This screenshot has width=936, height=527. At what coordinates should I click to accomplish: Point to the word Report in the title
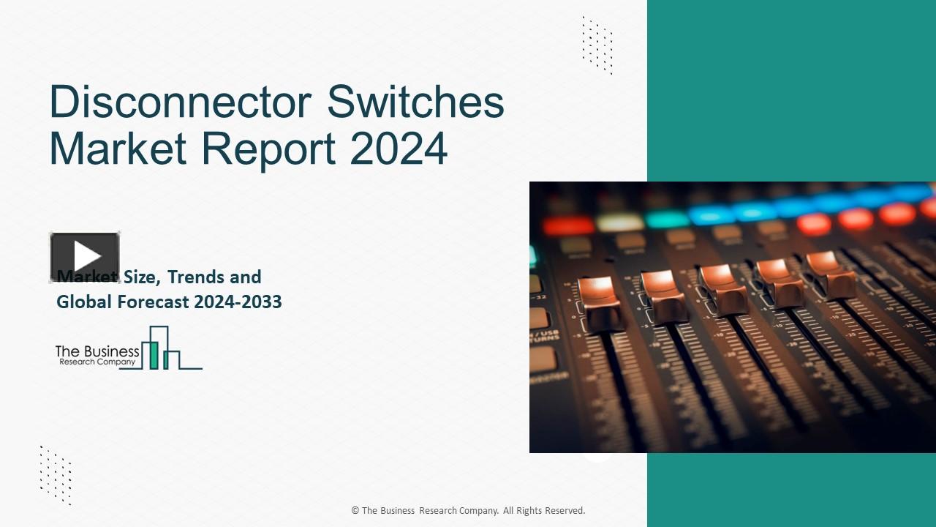click(268, 148)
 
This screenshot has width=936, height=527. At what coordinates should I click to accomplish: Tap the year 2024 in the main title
click(399, 148)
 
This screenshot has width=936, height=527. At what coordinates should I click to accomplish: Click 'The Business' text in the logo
click(97, 351)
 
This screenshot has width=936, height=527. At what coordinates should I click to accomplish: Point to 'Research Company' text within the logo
click(97, 362)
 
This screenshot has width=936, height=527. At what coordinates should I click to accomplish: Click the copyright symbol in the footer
click(355, 511)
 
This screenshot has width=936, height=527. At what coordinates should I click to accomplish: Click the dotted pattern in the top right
click(597, 45)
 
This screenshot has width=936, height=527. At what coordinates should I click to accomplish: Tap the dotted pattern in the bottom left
click(56, 475)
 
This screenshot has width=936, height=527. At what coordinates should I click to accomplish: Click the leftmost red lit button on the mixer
click(567, 224)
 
